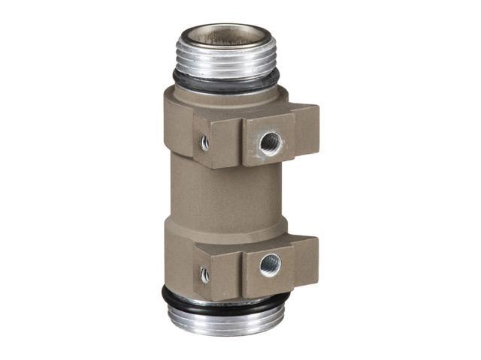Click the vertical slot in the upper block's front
[x=240, y=141]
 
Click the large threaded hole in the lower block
[x=269, y=264]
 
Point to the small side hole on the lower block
[x=204, y=274]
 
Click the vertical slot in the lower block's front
[x=240, y=270]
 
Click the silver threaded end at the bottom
[x=225, y=319]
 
